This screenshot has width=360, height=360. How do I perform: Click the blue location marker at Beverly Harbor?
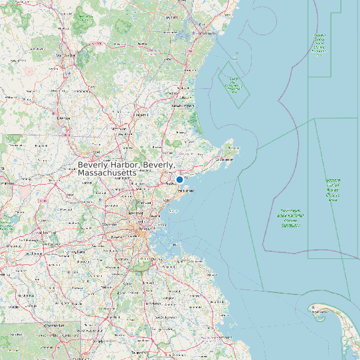(x=179, y=179)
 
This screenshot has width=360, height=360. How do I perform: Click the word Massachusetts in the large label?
(x=107, y=173)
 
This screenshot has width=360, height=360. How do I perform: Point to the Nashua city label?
(x=64, y=118)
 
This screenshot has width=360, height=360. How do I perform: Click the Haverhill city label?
(x=141, y=115)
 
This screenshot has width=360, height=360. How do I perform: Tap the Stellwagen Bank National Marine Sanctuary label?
(x=291, y=219)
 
